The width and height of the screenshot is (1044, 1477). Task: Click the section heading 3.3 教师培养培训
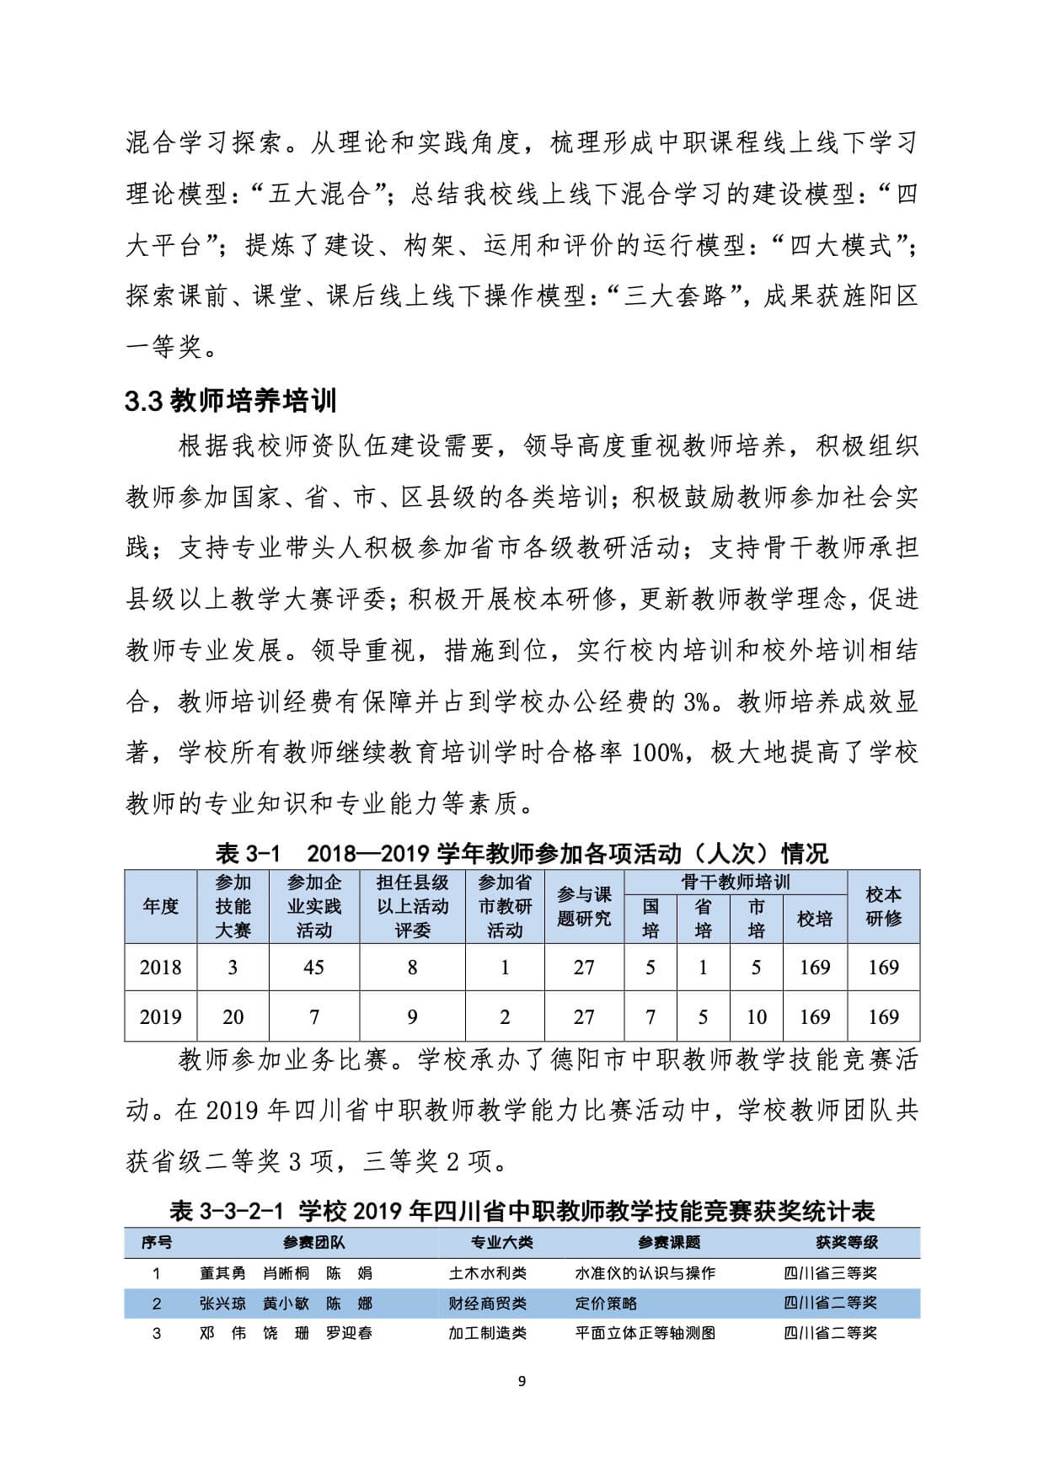231,401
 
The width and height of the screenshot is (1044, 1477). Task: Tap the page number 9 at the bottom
522,1381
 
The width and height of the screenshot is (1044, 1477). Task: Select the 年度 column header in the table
160,906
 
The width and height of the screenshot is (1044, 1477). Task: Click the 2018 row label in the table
160,968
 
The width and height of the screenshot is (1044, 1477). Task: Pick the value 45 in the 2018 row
313,968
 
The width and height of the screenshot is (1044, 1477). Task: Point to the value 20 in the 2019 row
233,1017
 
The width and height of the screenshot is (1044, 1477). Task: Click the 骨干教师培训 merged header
736,882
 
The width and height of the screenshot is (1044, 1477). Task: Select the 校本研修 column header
883,906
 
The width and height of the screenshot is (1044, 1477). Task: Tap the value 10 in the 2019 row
756,1017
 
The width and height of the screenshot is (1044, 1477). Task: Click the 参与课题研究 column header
583,906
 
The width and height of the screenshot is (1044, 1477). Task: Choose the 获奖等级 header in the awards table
847,1242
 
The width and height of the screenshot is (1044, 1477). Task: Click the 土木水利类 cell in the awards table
488,1273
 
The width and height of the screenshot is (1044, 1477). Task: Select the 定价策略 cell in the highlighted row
606,1304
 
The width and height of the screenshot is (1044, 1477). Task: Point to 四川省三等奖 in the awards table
830,1273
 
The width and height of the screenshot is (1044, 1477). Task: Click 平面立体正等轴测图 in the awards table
645,1333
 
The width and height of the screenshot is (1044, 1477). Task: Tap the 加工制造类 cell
488,1333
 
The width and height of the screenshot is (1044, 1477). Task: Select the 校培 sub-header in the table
815,919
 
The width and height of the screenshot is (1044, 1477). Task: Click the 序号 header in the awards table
156,1242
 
